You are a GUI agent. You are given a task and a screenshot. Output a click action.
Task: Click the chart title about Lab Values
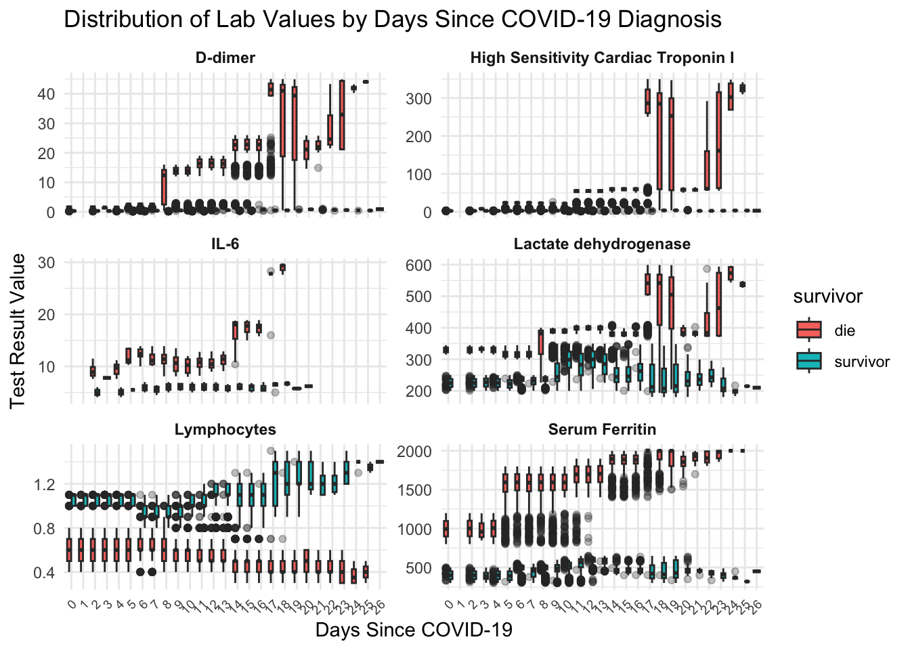click(392, 19)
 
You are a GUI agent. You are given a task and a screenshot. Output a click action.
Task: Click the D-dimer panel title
click(225, 58)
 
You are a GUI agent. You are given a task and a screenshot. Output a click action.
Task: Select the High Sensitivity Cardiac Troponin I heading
click(602, 58)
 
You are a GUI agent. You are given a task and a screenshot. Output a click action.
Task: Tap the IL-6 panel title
click(225, 244)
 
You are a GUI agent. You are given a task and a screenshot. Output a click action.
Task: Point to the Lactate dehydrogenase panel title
click(602, 244)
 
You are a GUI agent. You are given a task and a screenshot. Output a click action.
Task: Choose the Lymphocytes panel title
click(225, 429)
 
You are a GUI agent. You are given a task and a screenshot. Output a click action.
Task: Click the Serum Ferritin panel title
click(602, 429)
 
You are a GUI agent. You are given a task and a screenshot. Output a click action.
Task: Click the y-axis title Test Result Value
click(18, 330)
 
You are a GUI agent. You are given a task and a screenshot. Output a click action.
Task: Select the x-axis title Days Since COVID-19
click(414, 630)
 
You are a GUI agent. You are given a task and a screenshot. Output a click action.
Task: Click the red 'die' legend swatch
click(808, 330)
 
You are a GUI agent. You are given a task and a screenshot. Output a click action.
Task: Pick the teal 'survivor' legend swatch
click(808, 362)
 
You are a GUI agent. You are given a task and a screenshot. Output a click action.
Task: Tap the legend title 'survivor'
click(827, 297)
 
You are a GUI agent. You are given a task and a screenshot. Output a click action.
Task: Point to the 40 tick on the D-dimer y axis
click(46, 94)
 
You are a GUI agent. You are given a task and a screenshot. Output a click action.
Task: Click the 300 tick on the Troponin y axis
click(418, 99)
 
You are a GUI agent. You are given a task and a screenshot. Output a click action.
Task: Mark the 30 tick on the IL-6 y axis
click(46, 263)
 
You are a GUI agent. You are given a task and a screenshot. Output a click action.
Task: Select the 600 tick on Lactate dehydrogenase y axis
click(418, 265)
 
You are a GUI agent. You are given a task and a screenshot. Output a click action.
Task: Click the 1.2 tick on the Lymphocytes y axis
click(44, 485)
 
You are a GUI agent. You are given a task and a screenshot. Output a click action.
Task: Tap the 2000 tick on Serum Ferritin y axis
click(414, 452)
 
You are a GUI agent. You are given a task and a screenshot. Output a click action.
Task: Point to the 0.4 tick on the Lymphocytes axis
click(44, 573)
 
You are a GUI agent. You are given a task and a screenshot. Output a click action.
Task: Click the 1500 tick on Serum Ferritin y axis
click(414, 490)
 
